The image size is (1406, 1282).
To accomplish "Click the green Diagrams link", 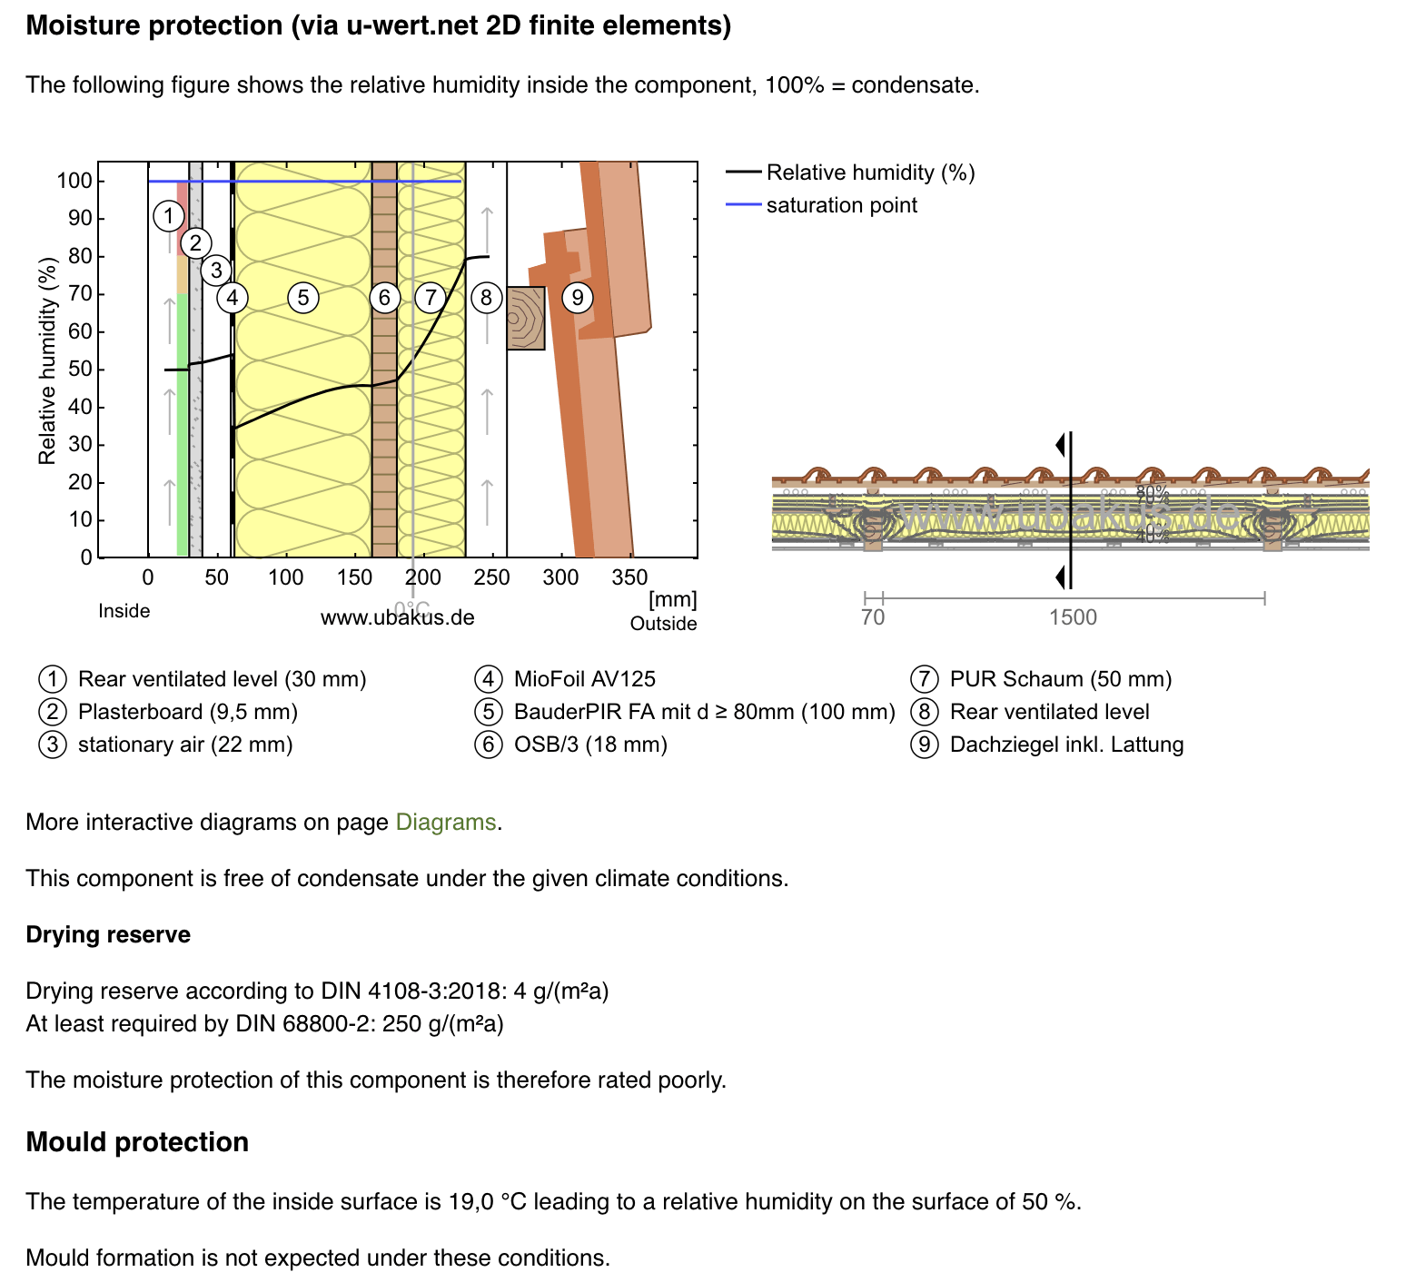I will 446,823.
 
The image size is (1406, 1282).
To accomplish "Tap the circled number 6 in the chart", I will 384,297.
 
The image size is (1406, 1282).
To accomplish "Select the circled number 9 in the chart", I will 577,297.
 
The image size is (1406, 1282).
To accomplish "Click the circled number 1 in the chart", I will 168,216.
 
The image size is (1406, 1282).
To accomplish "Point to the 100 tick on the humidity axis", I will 74,181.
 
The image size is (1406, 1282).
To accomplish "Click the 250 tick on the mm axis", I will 491,577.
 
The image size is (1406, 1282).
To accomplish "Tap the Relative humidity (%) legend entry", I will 869,173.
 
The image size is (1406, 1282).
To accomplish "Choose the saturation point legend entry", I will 841,205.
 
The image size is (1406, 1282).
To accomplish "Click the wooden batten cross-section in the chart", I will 526,319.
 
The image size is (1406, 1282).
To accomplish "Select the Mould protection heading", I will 137,1142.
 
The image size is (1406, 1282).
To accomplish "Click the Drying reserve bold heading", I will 108,935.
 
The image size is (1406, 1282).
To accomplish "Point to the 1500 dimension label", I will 1073,618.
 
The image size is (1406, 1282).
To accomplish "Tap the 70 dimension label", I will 872,618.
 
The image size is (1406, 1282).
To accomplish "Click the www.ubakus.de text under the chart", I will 397,618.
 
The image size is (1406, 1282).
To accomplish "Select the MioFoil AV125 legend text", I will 584,679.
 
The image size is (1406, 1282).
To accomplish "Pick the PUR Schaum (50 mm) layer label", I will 1060,679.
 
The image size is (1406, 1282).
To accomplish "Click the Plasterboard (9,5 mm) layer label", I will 187,712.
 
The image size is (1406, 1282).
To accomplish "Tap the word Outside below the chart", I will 663,624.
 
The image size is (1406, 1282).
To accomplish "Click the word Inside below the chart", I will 124,611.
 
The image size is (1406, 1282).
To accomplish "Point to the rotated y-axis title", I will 47,360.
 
